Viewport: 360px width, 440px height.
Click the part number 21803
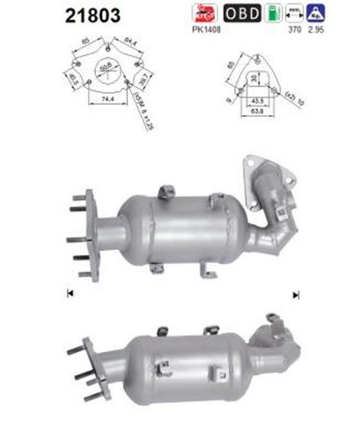pos(89,14)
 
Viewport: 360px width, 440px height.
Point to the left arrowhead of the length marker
pos(69,293)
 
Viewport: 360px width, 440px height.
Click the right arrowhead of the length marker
pos(296,293)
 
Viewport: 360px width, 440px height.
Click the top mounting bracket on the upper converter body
pos(165,193)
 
